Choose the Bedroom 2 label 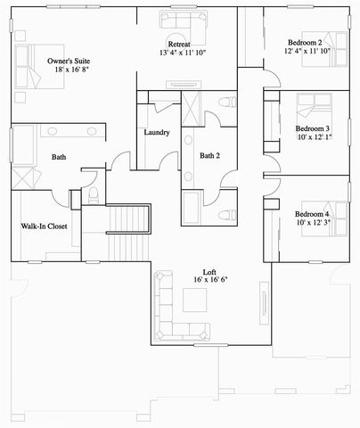point(305,42)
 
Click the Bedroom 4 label point(312,215)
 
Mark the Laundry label point(157,133)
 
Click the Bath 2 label point(210,156)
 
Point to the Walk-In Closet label point(45,226)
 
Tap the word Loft point(210,271)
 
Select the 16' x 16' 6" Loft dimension point(210,280)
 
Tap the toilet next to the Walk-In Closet point(94,197)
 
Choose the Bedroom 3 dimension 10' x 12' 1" point(315,137)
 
